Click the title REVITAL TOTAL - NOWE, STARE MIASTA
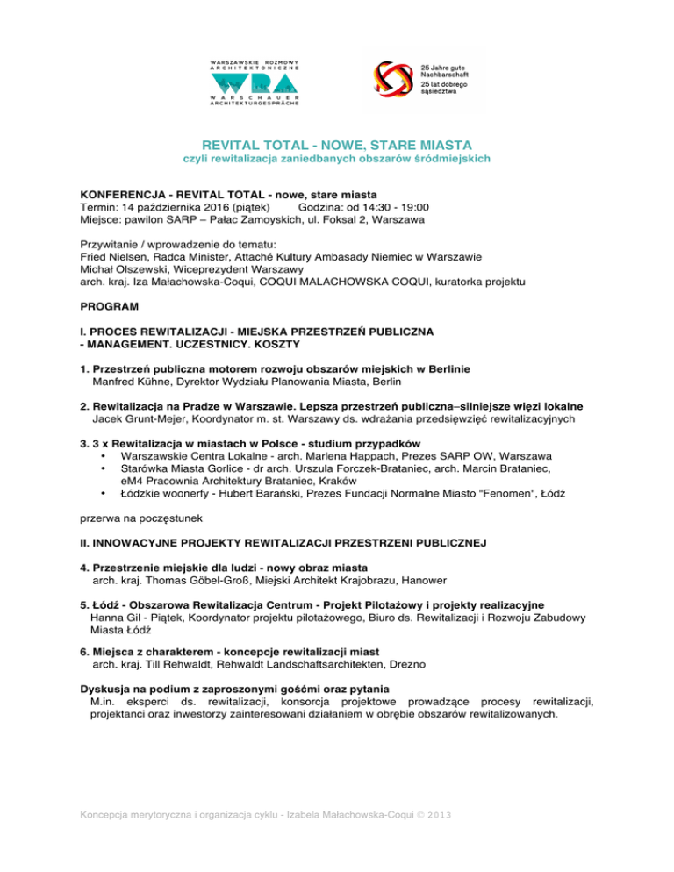pyautogui.click(x=336, y=144)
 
